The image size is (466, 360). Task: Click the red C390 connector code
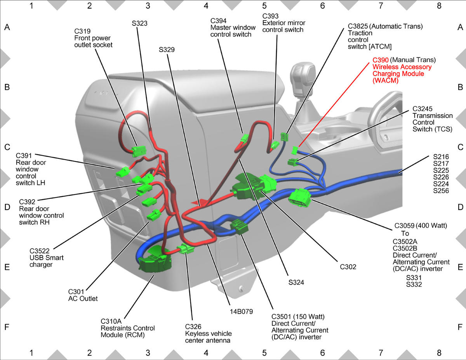point(381,60)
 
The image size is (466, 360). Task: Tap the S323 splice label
point(140,23)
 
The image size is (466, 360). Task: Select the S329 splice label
point(167,50)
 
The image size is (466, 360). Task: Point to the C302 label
point(348,267)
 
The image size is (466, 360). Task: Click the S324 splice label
point(296,282)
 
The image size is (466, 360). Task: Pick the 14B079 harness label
point(241,311)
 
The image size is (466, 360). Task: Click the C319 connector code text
point(82,31)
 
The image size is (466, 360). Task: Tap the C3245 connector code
point(423,109)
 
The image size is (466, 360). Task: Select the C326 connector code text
point(193,327)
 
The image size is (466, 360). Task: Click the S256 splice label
point(441,191)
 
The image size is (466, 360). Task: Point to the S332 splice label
point(414,285)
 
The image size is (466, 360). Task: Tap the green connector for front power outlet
point(139,151)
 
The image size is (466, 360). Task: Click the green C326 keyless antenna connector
point(185,249)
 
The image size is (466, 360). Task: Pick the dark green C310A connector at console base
point(155,260)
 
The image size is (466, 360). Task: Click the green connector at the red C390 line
point(295,150)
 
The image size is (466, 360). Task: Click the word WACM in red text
point(385,81)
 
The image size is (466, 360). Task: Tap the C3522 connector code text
point(40,251)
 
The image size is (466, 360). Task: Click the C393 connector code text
point(270,16)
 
